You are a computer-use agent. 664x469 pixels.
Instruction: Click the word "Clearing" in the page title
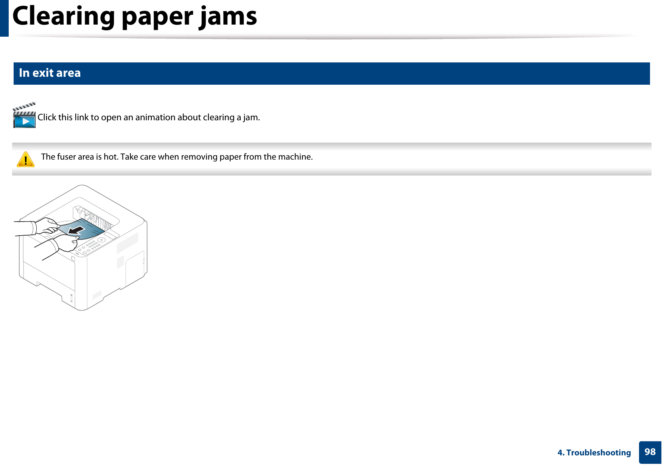63,17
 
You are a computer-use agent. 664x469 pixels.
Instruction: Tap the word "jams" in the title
228,17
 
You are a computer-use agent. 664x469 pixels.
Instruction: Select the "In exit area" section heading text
50,73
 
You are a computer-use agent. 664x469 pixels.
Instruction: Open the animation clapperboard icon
24,116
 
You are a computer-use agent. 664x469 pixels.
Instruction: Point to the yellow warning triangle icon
26,160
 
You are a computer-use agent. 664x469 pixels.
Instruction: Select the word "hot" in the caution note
109,157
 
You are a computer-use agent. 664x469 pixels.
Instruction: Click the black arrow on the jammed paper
77,230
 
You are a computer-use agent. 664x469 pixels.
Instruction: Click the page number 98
650,452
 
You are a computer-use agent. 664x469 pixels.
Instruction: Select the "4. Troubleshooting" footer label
594,453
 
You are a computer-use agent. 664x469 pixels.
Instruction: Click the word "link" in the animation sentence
81,118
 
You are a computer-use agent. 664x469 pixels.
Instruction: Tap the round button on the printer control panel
102,240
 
